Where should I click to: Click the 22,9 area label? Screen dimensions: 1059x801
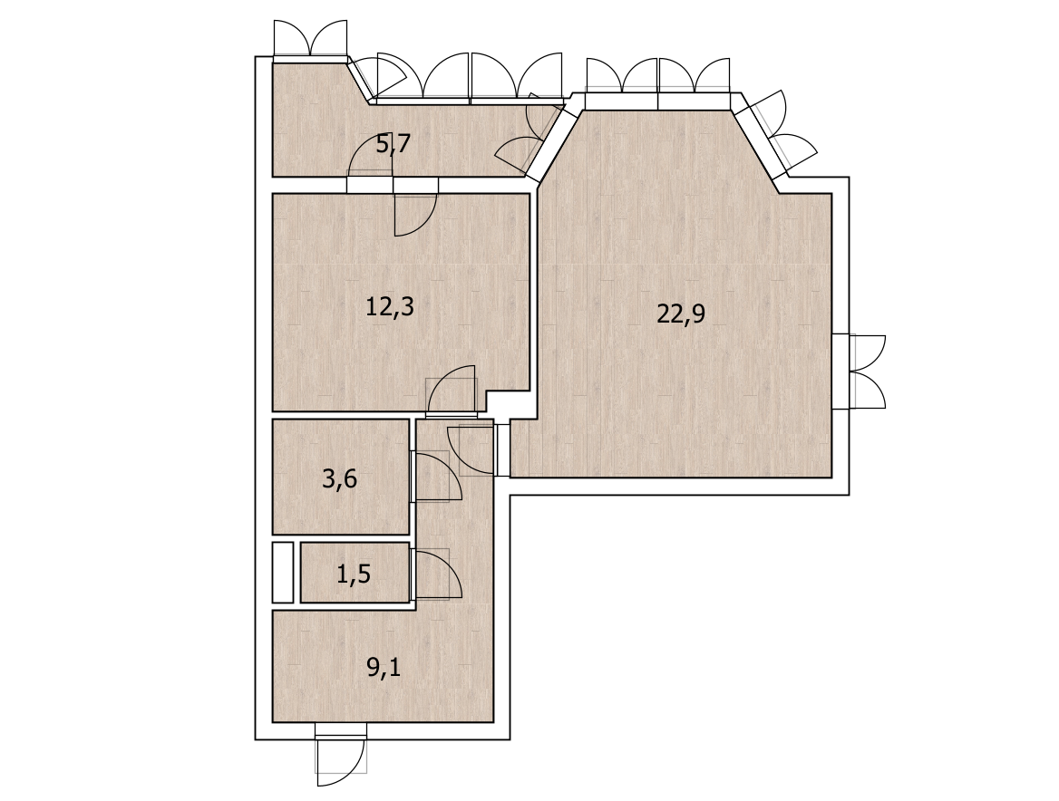pyautogui.click(x=681, y=314)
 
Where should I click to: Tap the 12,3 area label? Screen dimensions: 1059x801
pyautogui.click(x=389, y=307)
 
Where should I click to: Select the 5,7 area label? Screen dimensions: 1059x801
pyautogui.click(x=393, y=144)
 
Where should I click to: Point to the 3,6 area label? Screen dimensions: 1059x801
pyautogui.click(x=340, y=480)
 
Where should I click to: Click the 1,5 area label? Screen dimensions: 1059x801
pyautogui.click(x=354, y=574)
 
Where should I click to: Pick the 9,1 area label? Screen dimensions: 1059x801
pyautogui.click(x=384, y=668)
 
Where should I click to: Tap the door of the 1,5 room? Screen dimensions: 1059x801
pyautogui.click(x=436, y=574)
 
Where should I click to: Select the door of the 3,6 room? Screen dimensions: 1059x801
pyautogui.click(x=436, y=477)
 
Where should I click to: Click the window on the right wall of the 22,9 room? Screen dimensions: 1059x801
pyautogui.click(x=860, y=372)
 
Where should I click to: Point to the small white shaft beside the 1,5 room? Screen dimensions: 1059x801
pyautogui.click(x=282, y=573)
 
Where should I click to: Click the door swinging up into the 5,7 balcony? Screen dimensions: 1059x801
pyautogui.click(x=370, y=155)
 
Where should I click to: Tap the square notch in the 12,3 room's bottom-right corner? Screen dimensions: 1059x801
pyautogui.click(x=507, y=403)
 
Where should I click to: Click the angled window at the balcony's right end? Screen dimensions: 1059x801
pyautogui.click(x=530, y=137)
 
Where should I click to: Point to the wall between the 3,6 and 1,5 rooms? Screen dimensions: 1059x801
pyautogui.click(x=341, y=538)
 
